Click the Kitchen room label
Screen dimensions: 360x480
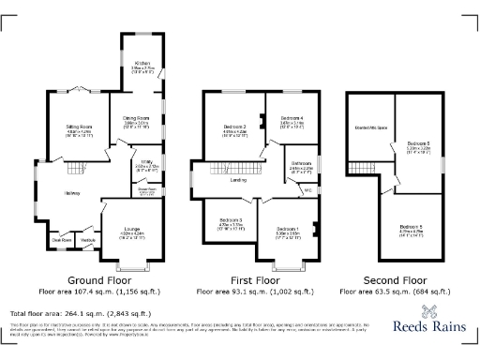(143, 65)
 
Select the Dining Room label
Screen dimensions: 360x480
(138, 118)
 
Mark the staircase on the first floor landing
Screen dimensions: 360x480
(221, 167)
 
